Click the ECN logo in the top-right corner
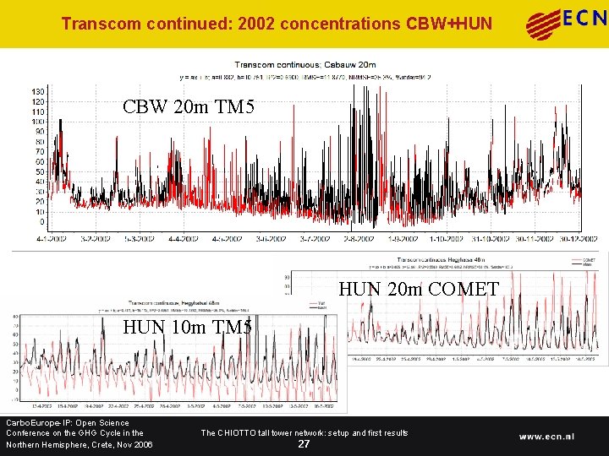tap(565, 23)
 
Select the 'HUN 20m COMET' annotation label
tap(418, 289)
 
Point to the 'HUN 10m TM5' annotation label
tap(187, 328)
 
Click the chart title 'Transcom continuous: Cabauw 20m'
tap(304, 64)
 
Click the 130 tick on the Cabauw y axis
tap(37, 91)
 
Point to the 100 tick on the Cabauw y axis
tap(37, 122)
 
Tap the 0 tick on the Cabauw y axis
tap(41, 222)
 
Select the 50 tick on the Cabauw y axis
tap(39, 171)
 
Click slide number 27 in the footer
tap(304, 444)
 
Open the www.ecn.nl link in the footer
tap(558, 437)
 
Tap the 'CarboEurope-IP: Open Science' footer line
tap(67, 423)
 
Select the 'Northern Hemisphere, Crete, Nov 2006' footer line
tap(79, 445)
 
